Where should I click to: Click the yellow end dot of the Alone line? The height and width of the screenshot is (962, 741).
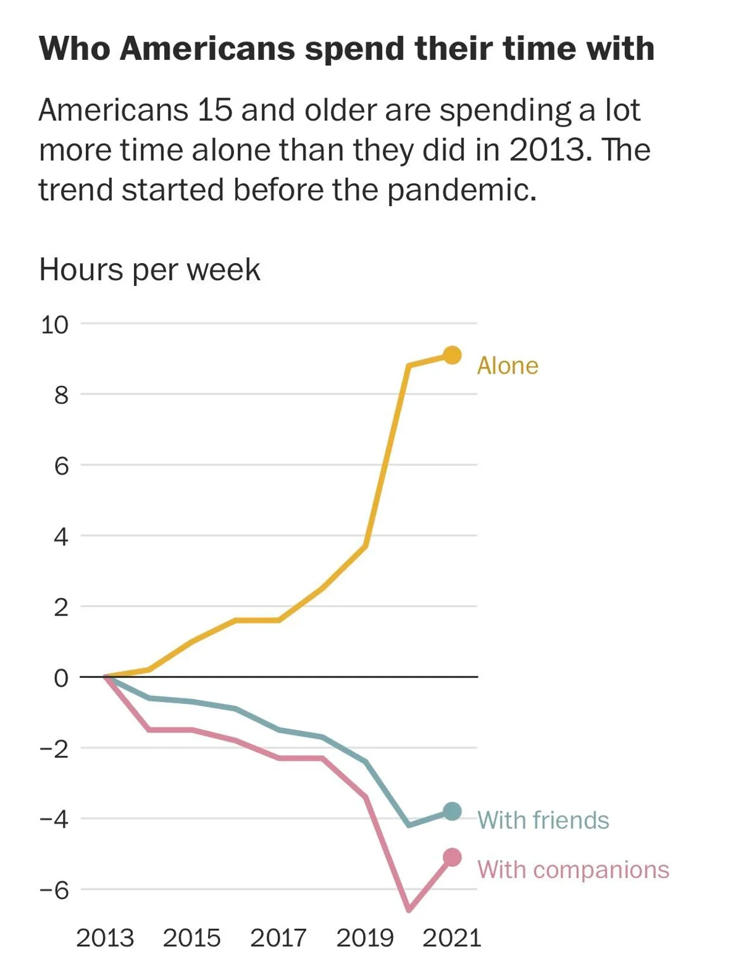(452, 355)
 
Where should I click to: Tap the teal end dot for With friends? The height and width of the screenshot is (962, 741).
(452, 811)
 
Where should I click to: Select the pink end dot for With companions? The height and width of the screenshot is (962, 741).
(452, 857)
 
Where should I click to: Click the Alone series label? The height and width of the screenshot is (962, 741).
(508, 366)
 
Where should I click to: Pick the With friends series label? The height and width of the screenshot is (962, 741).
(543, 820)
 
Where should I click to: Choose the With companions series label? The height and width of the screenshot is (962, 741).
(573, 869)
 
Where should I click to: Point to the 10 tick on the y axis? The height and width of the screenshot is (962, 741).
(54, 324)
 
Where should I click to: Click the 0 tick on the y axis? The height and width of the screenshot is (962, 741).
(61, 678)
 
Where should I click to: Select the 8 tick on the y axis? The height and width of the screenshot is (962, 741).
(61, 395)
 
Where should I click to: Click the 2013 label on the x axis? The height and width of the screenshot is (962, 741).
(104, 938)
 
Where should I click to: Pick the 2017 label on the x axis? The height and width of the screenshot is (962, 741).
(278, 938)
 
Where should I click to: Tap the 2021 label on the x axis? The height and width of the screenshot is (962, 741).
(451, 938)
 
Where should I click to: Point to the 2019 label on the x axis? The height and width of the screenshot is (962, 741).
(365, 938)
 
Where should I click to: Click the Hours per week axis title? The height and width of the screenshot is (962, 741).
(149, 270)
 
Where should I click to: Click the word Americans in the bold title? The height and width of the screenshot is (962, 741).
(207, 49)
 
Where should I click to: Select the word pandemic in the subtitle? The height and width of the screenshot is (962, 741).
(462, 190)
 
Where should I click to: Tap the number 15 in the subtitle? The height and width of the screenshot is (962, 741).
(215, 111)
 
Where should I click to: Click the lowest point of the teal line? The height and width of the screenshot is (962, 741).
(409, 825)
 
